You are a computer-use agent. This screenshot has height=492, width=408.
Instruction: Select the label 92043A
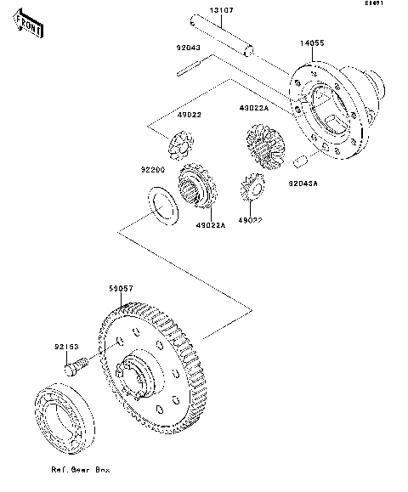tap(303, 183)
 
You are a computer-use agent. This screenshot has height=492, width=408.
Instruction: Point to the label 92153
tap(68, 347)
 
